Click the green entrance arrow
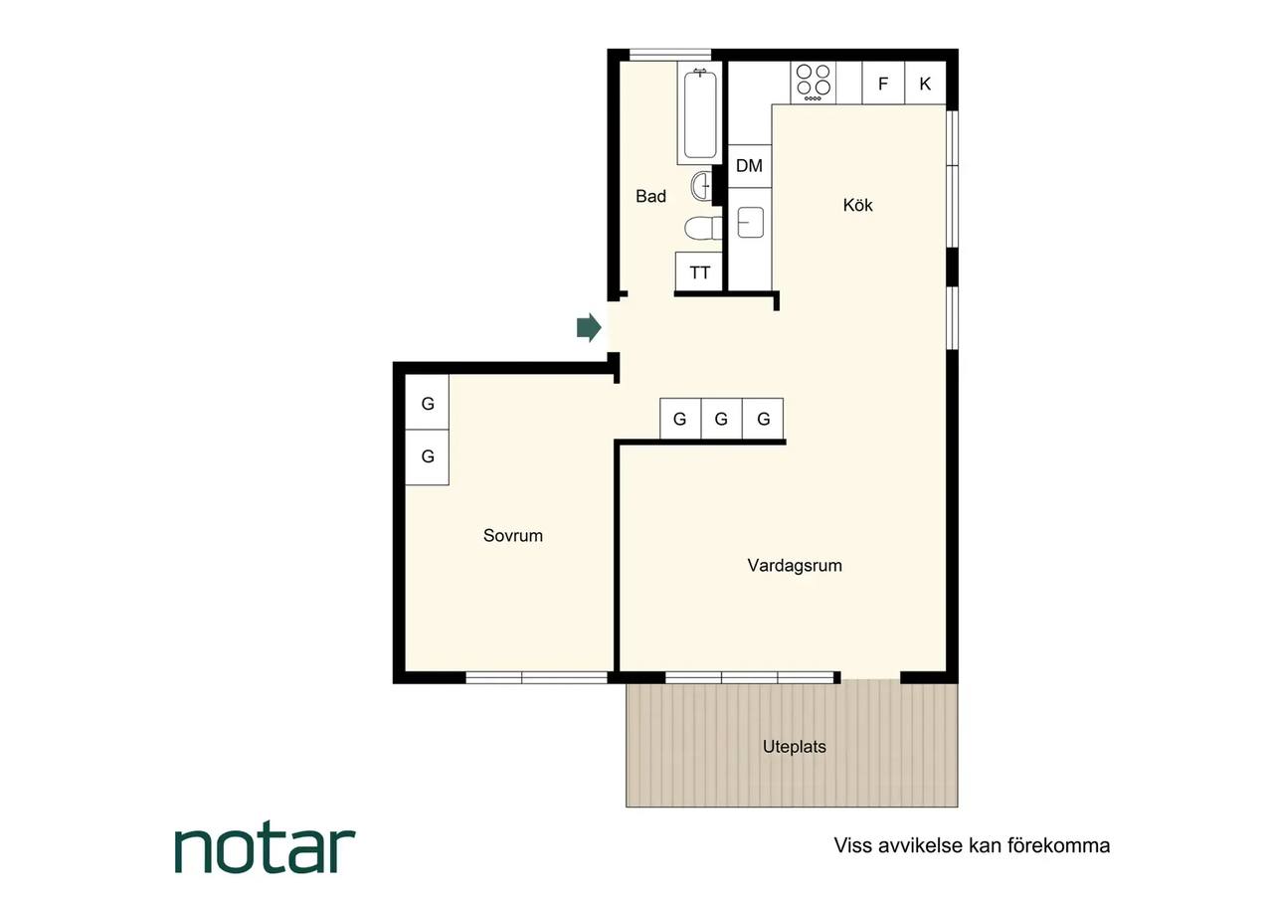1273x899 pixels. click(589, 327)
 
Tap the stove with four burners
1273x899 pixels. click(813, 83)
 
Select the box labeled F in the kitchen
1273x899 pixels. click(883, 83)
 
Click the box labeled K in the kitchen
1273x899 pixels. click(925, 83)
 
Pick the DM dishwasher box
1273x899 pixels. click(750, 166)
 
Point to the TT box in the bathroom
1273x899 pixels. click(699, 272)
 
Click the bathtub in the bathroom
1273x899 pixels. click(700, 114)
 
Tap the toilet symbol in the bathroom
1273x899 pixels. click(703, 229)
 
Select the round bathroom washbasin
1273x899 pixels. click(701, 185)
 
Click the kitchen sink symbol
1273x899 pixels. click(750, 222)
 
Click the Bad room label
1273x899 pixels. click(650, 196)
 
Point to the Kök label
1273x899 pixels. click(857, 205)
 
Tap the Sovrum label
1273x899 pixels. click(513, 535)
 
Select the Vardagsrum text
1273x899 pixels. click(795, 566)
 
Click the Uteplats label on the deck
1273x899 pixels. click(795, 746)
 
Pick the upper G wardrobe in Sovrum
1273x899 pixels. click(428, 403)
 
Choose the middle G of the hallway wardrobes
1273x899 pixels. click(722, 419)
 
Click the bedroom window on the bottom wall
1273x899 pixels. click(536, 677)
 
